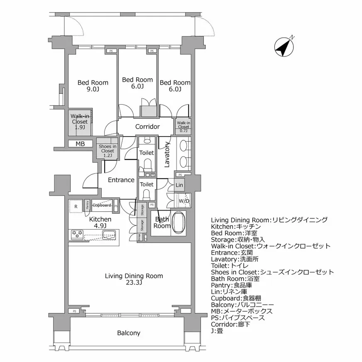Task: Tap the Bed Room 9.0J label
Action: (x=93, y=86)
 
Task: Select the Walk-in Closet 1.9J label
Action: (x=79, y=122)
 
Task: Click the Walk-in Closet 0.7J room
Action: (x=183, y=126)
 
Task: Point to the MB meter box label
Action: (x=80, y=144)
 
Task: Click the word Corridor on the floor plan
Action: (x=147, y=127)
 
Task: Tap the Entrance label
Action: (x=121, y=180)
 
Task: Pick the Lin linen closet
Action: (x=179, y=185)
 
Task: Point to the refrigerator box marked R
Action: (x=76, y=206)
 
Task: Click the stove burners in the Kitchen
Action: (x=78, y=235)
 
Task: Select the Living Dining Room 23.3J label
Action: (x=134, y=279)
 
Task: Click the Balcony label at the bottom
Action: (x=128, y=333)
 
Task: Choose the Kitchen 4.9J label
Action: (x=100, y=223)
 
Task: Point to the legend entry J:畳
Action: (x=217, y=331)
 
